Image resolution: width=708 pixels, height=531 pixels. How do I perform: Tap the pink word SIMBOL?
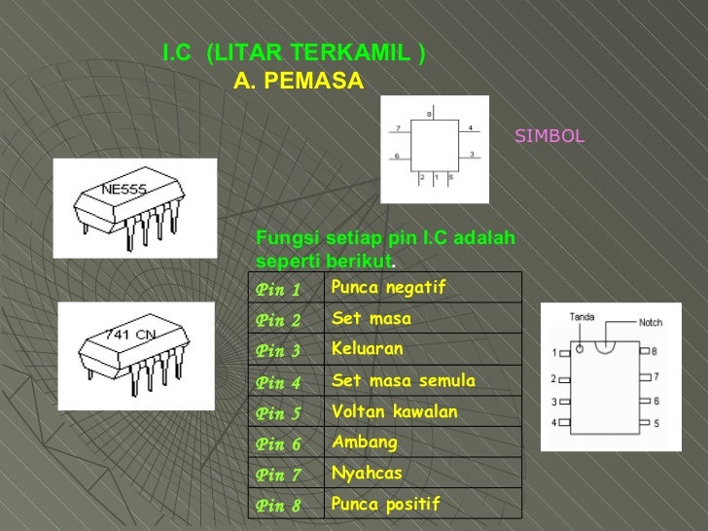coord(549,136)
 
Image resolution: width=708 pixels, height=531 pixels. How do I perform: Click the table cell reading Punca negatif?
coord(387,287)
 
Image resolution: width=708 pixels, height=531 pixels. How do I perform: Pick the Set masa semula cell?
coord(404,380)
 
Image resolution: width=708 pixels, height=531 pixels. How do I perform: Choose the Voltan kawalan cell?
coord(394,411)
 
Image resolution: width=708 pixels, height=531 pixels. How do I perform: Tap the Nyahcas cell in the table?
coord(367,473)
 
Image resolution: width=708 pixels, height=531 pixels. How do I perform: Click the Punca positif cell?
coord(385,504)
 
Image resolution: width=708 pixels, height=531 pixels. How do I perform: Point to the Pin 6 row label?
coord(278,444)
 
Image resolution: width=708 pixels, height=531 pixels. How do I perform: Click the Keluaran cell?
coord(367,348)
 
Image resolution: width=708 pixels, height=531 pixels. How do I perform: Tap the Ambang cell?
coord(365,442)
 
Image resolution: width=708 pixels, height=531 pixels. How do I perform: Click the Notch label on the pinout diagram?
coord(651,322)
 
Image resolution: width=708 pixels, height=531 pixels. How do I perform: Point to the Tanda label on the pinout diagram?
coord(582,317)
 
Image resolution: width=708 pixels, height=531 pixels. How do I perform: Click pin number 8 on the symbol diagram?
coord(429,115)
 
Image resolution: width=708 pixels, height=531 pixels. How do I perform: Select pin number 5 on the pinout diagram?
coord(655,423)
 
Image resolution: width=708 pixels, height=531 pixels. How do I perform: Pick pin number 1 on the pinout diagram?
coord(553,352)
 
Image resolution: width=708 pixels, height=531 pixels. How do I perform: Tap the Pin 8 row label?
coord(278,506)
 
